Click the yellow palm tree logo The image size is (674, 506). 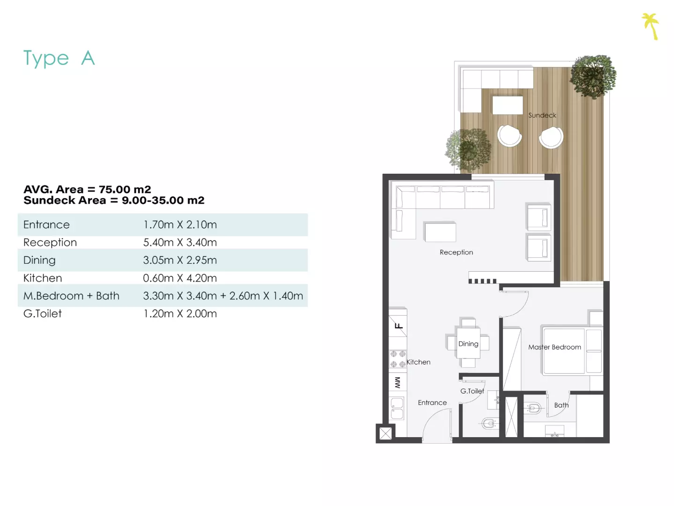click(651, 26)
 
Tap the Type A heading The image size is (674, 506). click(59, 58)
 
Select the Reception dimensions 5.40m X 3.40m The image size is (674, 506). click(180, 242)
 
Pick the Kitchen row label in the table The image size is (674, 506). click(43, 278)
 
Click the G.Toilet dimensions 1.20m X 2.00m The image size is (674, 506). click(180, 313)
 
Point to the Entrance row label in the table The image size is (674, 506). click(47, 224)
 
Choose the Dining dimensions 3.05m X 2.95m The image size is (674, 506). click(180, 260)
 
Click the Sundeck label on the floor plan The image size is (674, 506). click(542, 115)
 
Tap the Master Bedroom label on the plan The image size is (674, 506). click(554, 347)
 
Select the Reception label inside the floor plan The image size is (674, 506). click(457, 252)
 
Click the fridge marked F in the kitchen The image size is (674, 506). click(398, 326)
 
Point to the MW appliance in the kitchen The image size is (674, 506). click(398, 382)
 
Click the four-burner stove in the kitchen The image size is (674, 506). click(398, 359)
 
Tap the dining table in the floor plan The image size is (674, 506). click(468, 343)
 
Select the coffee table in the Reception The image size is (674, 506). click(440, 231)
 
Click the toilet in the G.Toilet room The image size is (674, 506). click(488, 424)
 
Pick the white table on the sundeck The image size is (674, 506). click(508, 105)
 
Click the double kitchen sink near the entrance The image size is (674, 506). click(397, 409)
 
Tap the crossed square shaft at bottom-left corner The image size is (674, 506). click(385, 433)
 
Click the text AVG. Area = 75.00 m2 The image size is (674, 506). click(87, 189)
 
